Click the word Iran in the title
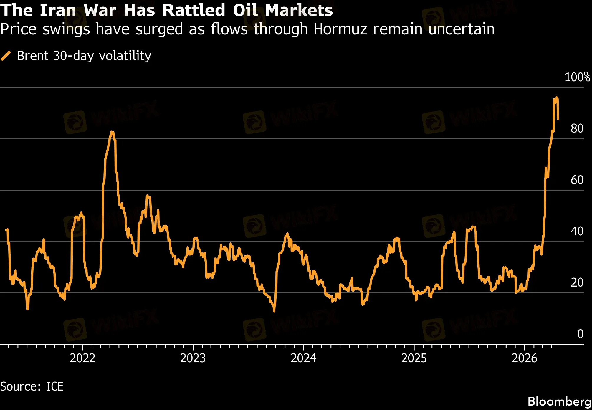tap(58, 10)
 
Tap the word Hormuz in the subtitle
tap(340, 29)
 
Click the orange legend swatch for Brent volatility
tap(6, 56)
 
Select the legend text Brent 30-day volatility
tap(84, 56)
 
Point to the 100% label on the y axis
tap(577, 77)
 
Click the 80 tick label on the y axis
tap(577, 128)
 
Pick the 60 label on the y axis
tap(577, 180)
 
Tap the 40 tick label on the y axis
tap(577, 231)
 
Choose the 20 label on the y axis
tap(577, 282)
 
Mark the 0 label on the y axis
tap(580, 334)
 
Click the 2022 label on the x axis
tap(82, 358)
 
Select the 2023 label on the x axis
tap(193, 358)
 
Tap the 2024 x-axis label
tap(303, 358)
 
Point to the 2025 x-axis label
tap(414, 358)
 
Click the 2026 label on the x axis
tap(524, 358)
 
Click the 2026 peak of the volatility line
tap(556, 98)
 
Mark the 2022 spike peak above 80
tap(112, 132)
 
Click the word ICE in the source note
tap(54, 386)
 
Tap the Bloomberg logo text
tap(559, 401)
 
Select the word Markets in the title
tap(299, 10)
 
